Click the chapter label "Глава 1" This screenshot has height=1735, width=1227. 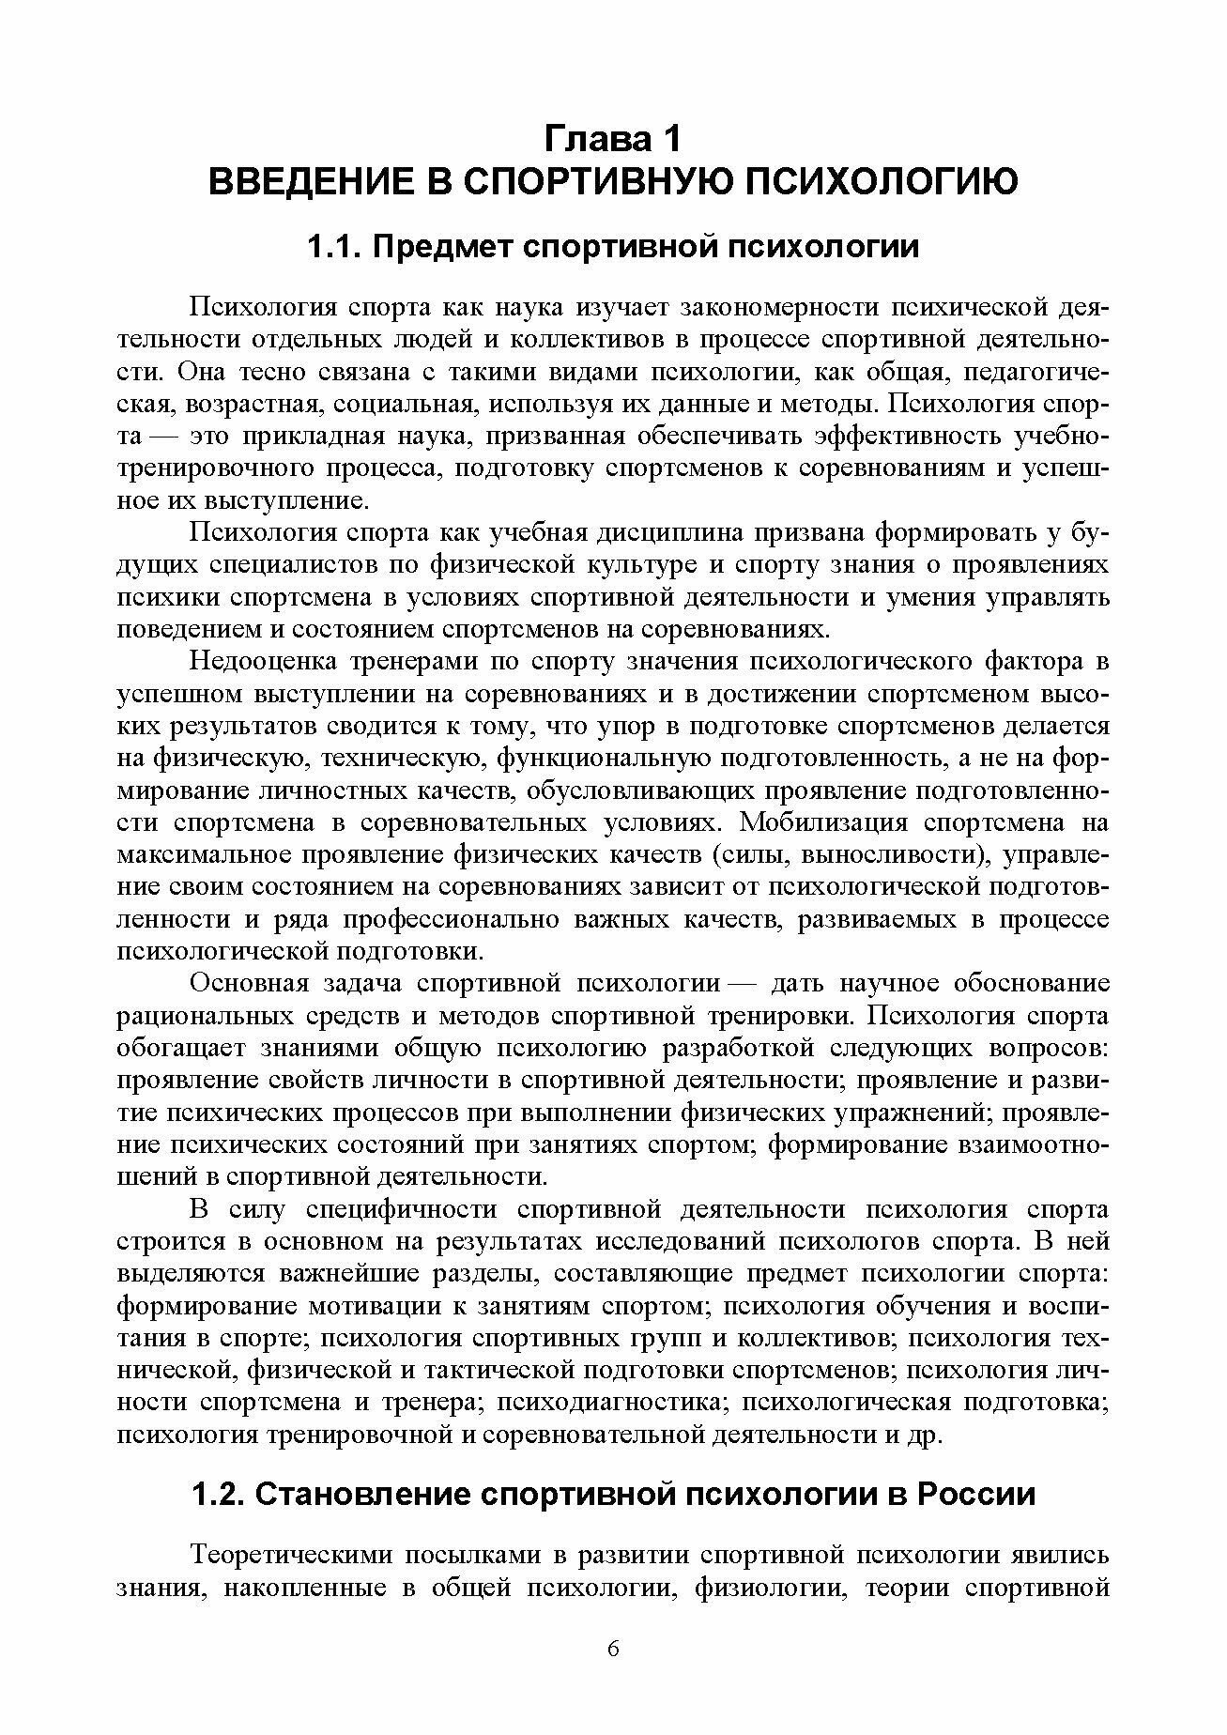pos(612,139)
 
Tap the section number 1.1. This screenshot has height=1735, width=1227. pos(335,248)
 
